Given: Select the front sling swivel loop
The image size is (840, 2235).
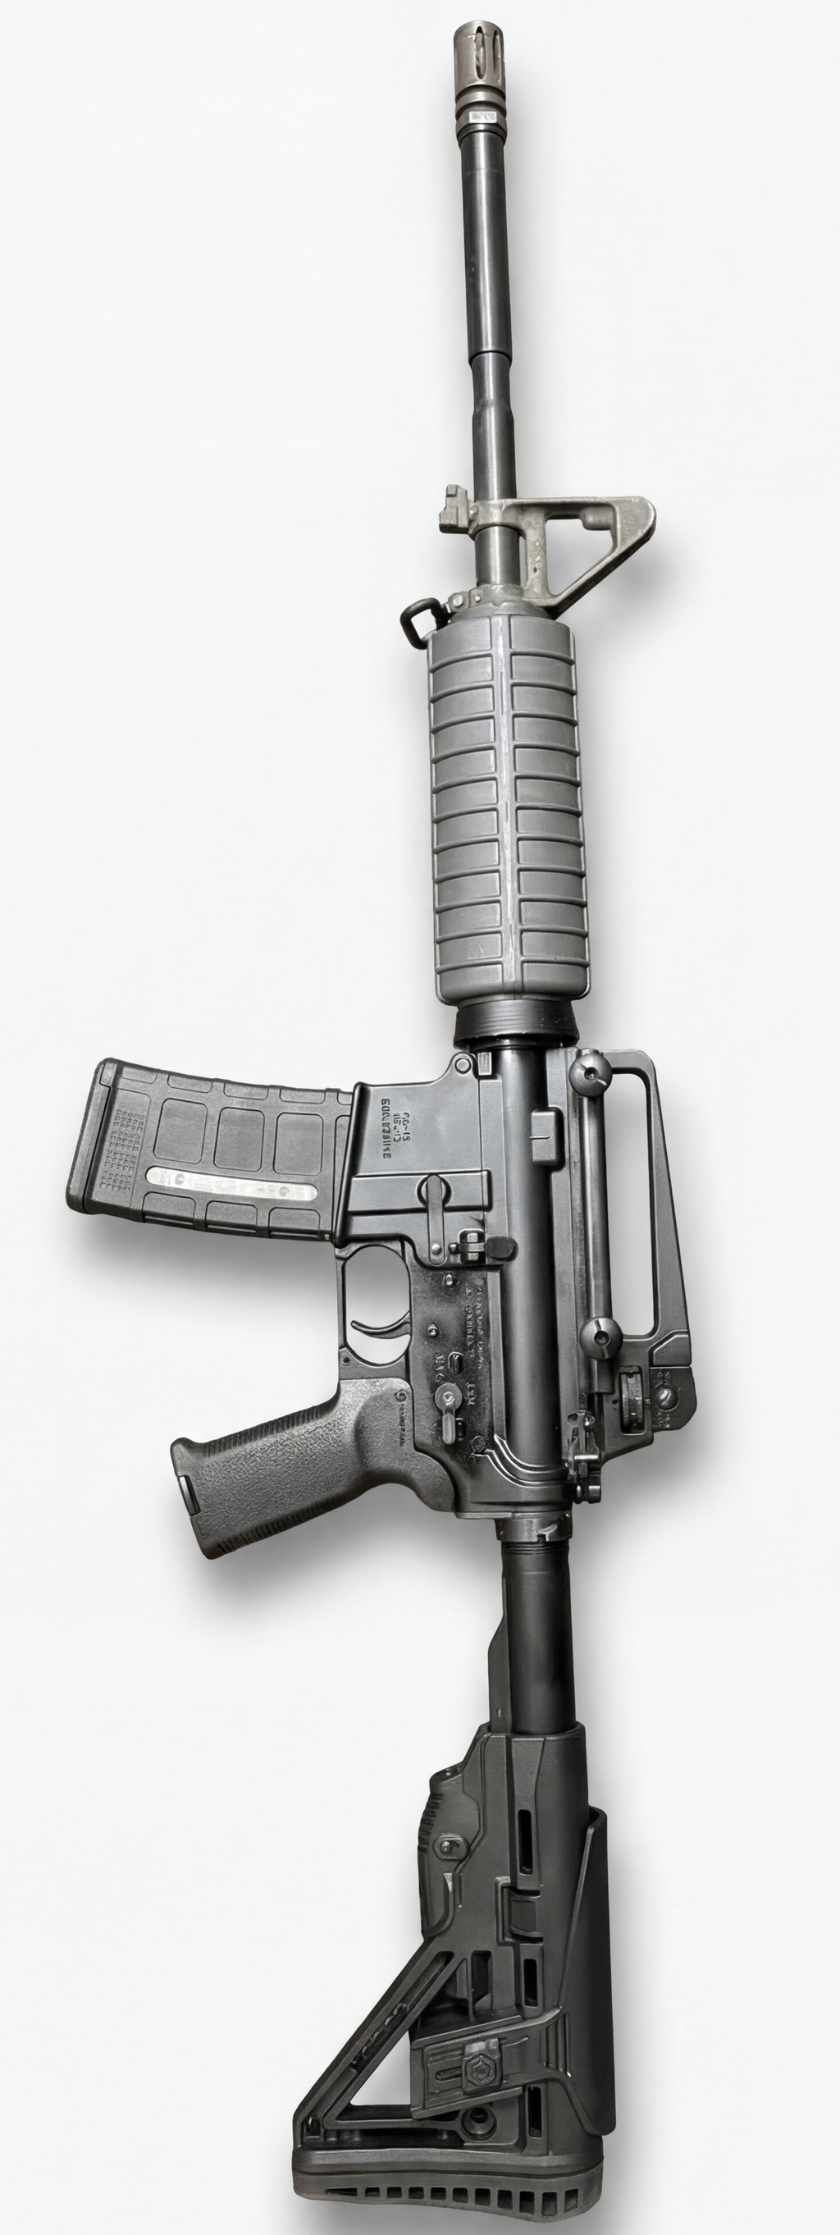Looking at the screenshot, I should (x=417, y=618).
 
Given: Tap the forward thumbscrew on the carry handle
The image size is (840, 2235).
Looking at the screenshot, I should (x=589, y=1072).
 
